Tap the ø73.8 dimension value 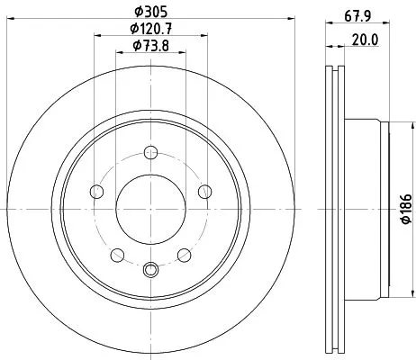pyautogui.click(x=150, y=47)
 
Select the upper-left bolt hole pyautogui.click(x=95, y=190)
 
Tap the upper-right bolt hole pyautogui.click(x=205, y=190)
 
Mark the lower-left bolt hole pyautogui.click(x=117, y=255)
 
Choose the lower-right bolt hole pyautogui.click(x=184, y=255)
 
